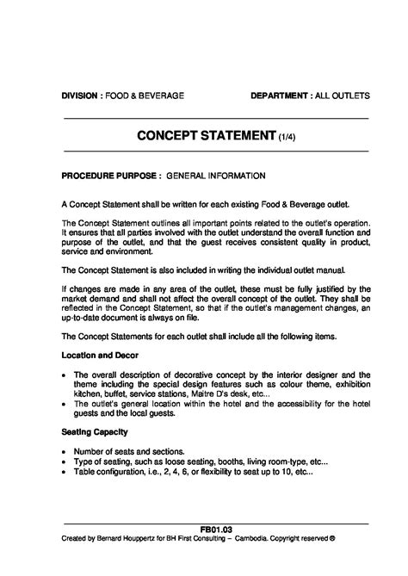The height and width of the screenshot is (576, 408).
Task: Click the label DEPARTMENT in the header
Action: (x=280, y=94)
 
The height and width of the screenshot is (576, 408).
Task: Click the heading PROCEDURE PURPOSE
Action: (x=110, y=177)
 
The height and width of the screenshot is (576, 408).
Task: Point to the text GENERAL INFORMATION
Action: (x=216, y=177)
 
